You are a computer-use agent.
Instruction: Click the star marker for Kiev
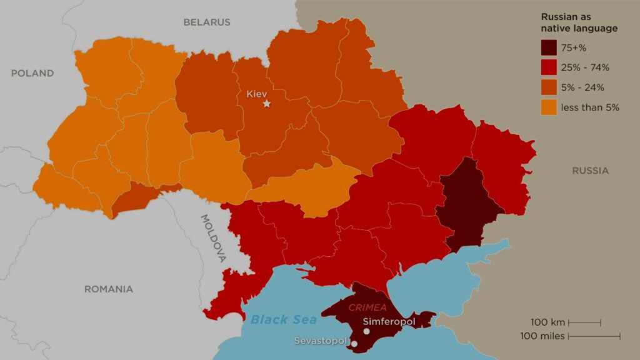(x=267, y=104)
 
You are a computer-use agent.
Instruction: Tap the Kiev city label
(x=256, y=94)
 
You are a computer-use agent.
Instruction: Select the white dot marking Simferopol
(x=366, y=332)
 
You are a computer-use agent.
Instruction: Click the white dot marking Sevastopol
(x=354, y=344)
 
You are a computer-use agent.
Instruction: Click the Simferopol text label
(x=389, y=321)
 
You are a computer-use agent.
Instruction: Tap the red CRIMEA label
(x=367, y=307)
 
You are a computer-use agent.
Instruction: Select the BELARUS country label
(x=207, y=22)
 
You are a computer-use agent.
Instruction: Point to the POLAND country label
(x=32, y=73)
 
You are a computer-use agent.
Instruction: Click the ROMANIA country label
(x=109, y=289)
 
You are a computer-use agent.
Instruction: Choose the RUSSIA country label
(x=590, y=171)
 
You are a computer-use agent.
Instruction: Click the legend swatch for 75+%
(x=548, y=47)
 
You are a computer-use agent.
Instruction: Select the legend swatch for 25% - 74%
(x=548, y=67)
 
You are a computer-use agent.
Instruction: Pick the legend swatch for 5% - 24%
(x=548, y=87)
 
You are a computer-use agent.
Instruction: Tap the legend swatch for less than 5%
(x=548, y=107)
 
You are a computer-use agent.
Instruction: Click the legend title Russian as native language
(x=579, y=23)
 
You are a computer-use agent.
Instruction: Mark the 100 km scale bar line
(x=584, y=323)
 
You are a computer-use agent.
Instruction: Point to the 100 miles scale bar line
(x=594, y=336)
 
